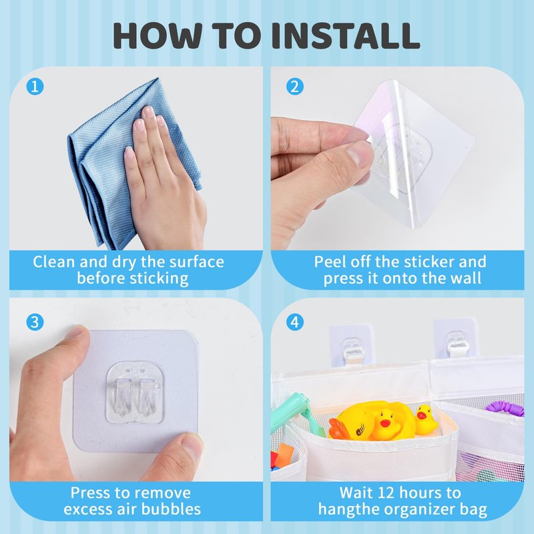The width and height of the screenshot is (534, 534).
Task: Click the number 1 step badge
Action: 35,87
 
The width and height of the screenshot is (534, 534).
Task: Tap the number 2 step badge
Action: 294,87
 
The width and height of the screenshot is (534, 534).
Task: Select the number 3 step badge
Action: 35,322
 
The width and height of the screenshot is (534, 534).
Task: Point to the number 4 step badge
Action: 294,322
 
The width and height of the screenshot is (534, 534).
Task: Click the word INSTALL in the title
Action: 345,35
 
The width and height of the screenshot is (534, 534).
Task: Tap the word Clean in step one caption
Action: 54,262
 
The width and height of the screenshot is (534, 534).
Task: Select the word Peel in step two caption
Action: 329,262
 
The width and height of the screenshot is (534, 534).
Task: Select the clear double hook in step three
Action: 135,392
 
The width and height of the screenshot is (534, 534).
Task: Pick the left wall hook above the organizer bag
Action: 351,346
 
